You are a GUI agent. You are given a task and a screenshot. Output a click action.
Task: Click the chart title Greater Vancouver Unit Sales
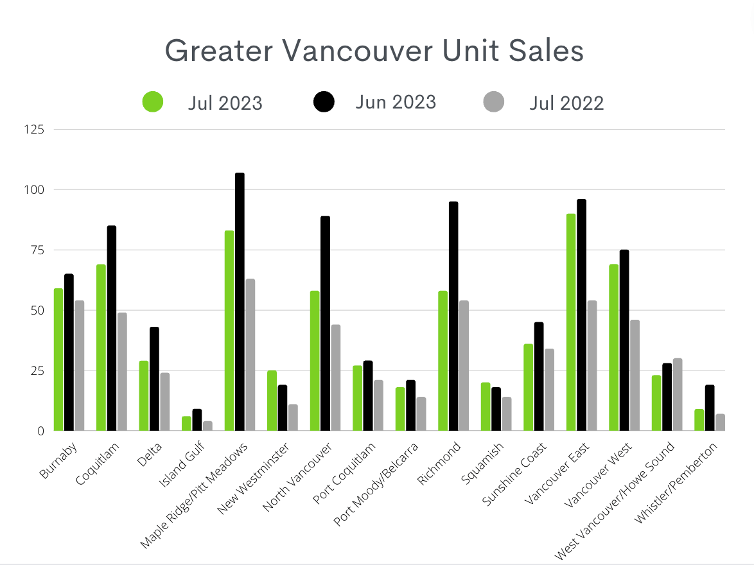(x=374, y=51)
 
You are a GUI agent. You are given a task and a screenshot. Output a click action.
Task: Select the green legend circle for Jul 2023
(x=152, y=101)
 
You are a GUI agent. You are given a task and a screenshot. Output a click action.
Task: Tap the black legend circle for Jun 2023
(x=324, y=101)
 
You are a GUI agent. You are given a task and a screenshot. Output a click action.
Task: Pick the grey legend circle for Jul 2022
(x=494, y=101)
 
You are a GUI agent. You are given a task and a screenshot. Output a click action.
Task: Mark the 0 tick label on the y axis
(x=40, y=431)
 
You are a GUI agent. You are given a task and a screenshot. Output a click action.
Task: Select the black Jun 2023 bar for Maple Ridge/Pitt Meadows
(x=240, y=302)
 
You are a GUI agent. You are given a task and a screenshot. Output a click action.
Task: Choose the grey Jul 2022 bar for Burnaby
(x=80, y=365)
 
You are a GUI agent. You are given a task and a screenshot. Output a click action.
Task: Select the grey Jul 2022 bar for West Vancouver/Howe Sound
(x=678, y=395)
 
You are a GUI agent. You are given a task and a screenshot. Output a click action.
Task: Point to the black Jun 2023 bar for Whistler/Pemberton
(x=710, y=408)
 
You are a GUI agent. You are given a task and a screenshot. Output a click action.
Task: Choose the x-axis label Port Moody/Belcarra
(x=379, y=483)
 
